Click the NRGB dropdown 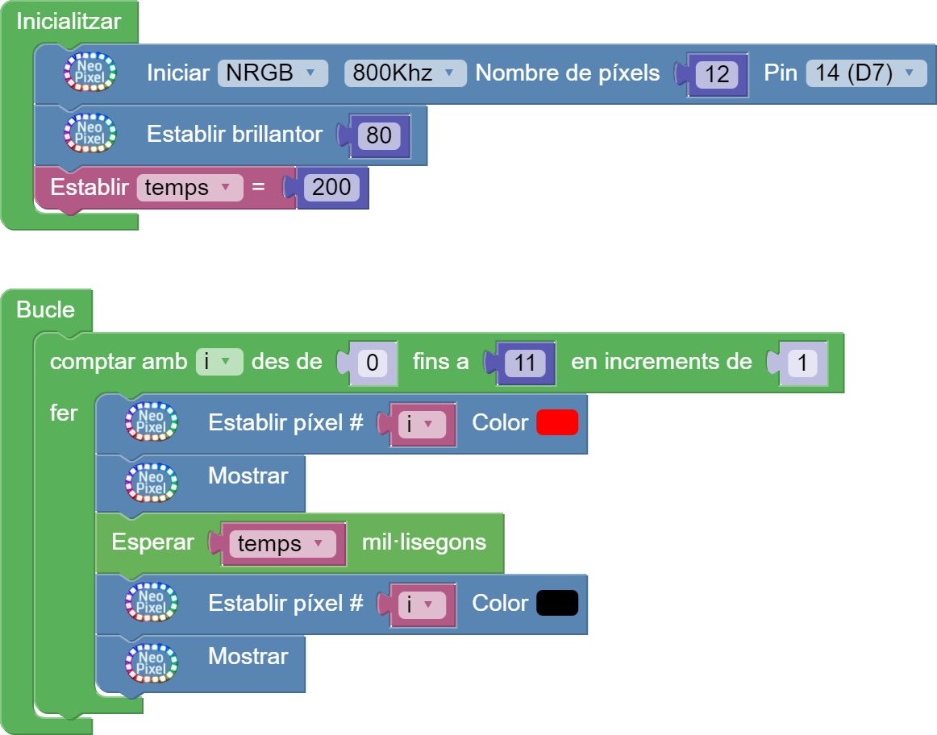coord(272,73)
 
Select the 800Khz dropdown coord(405,73)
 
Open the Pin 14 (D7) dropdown coord(865,73)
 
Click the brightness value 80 coord(378,135)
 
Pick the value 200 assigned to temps coord(331,188)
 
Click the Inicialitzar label coord(69,21)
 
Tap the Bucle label coord(45,309)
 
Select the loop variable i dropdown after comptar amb coord(219,362)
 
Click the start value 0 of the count coord(372,363)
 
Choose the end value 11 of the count coord(524,363)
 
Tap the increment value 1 coord(802,363)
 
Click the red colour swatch coord(557,422)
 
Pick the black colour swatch coord(557,603)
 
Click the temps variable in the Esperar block coord(281,544)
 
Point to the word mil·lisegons coord(423,542)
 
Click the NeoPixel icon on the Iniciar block coord(90,72)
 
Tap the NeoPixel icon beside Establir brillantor coord(90,133)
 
